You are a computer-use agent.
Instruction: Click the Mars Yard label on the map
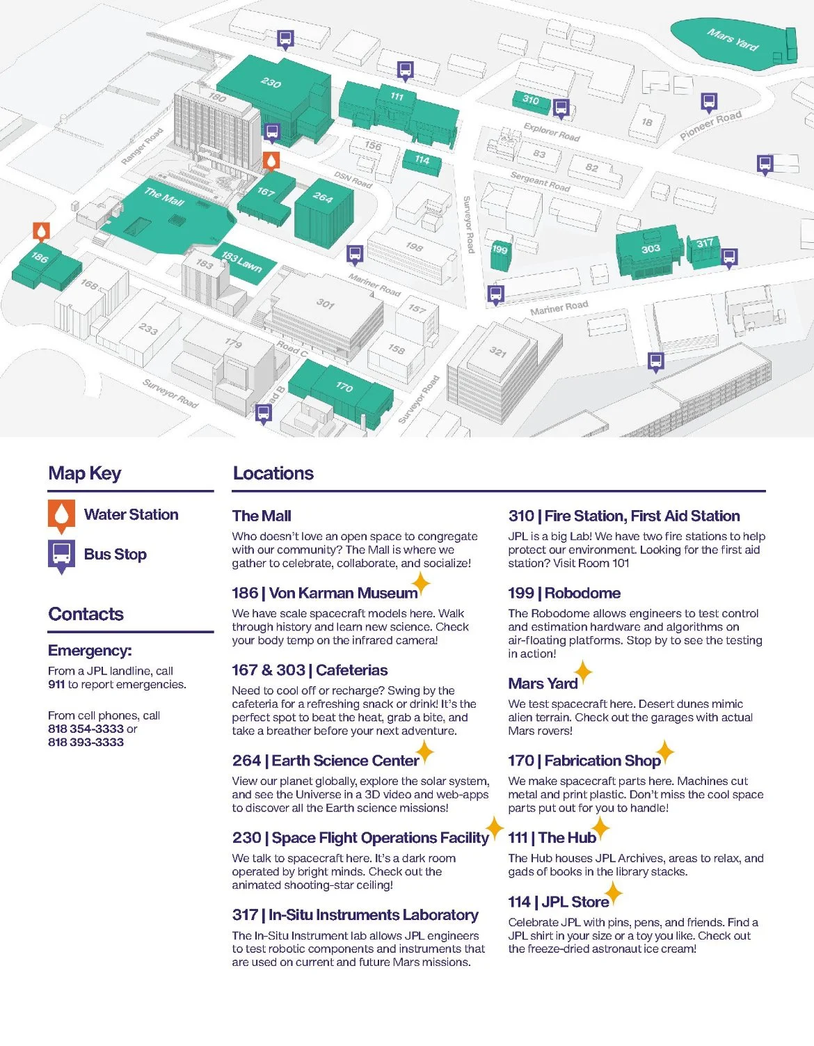pyautogui.click(x=732, y=40)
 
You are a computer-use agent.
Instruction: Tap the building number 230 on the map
pyautogui.click(x=271, y=82)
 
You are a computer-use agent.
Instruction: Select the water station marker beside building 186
pyautogui.click(x=42, y=232)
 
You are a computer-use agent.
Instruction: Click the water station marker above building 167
pyautogui.click(x=271, y=161)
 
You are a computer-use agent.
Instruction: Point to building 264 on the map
pyautogui.click(x=323, y=198)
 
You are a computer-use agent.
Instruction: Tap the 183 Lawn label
pyautogui.click(x=241, y=262)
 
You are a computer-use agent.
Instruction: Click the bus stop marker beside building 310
pyautogui.click(x=561, y=108)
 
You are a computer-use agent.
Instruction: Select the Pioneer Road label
pyautogui.click(x=710, y=125)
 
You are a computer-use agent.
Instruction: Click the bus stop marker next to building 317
pyautogui.click(x=728, y=257)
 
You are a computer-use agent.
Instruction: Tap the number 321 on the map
pyautogui.click(x=497, y=351)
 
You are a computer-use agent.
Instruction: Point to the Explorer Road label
pyautogui.click(x=551, y=132)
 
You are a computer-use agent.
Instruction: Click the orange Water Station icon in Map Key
pyautogui.click(x=61, y=515)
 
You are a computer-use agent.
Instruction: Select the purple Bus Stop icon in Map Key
pyautogui.click(x=61, y=555)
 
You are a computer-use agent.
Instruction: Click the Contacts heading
pyautogui.click(x=86, y=614)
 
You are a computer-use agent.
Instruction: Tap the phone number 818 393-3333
pyautogui.click(x=86, y=742)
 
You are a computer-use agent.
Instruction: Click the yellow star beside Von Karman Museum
pyautogui.click(x=420, y=583)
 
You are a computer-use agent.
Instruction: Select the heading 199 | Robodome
pyautogui.click(x=564, y=593)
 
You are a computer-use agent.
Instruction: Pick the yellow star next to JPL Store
pyautogui.click(x=613, y=892)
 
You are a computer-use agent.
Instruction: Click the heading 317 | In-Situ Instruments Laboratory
pyautogui.click(x=355, y=914)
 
